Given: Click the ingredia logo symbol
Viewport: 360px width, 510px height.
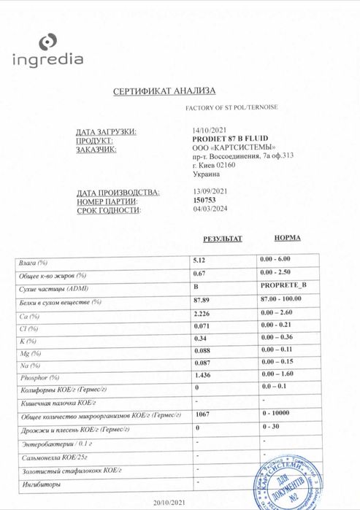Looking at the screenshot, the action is click(x=48, y=42).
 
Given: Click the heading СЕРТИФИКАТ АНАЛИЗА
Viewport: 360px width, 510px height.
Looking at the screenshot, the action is click(x=164, y=91).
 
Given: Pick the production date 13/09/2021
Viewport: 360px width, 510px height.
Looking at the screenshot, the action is click(x=207, y=191).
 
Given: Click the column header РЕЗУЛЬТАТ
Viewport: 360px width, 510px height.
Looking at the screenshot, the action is click(x=222, y=239).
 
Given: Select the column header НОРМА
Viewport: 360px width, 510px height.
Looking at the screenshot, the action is click(x=287, y=238).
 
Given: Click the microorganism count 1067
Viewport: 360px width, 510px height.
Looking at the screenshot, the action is click(x=203, y=413).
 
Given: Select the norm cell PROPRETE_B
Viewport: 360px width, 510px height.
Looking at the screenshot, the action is click(x=283, y=287).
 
